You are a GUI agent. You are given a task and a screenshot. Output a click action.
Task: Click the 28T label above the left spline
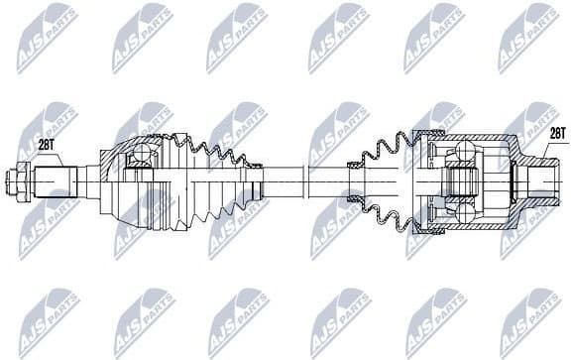[x=47, y=145]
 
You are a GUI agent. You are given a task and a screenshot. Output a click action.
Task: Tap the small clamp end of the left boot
[x=257, y=181]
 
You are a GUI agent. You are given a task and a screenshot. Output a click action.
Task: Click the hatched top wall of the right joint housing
[x=466, y=136]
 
